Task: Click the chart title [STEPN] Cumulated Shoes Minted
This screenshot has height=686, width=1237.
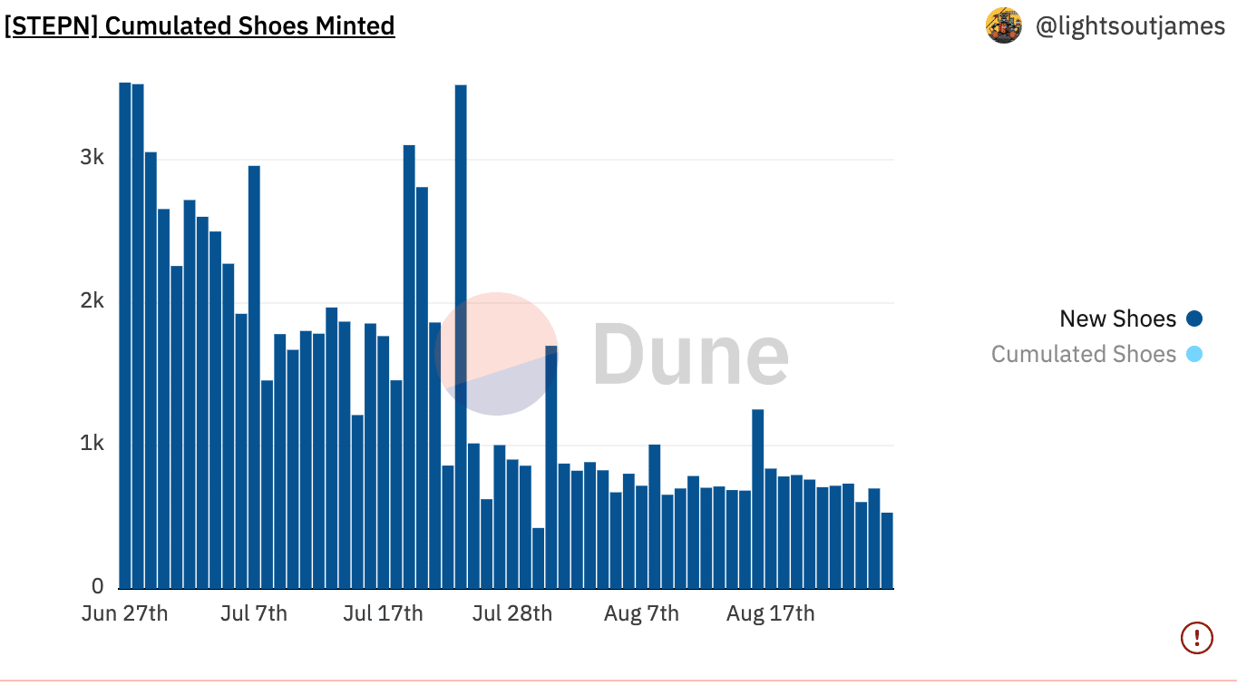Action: pos(200,26)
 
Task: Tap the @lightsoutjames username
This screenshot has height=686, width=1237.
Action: pos(1130,26)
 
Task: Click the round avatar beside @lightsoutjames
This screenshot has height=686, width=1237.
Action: pos(1003,25)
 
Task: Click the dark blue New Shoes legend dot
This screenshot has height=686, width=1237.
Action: pos(1194,318)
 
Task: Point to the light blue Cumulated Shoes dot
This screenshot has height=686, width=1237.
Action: pos(1194,354)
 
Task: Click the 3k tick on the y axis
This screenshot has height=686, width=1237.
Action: pos(92,157)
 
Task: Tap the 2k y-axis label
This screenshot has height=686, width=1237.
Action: pos(92,300)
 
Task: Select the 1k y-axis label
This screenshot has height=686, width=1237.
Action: pos(92,443)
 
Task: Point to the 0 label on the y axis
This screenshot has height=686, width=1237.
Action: pos(98,586)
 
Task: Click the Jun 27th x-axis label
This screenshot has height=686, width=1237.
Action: pos(125,613)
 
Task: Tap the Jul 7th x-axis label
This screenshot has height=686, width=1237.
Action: pos(254,613)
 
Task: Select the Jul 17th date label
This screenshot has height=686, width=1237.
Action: pos(384,613)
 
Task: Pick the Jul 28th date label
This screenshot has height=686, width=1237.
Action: pos(512,613)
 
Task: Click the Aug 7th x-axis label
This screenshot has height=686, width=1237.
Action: pos(642,613)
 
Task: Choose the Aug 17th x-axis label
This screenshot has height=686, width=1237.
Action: pos(770,613)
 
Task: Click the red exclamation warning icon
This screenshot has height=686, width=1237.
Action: pos(1197,638)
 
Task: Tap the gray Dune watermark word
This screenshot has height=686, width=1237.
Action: pos(691,354)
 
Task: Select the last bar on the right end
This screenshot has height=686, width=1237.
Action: pos(887,551)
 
